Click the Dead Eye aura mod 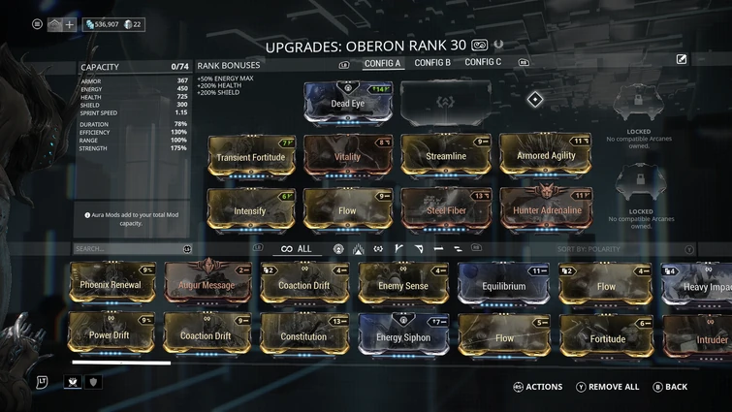click(x=348, y=102)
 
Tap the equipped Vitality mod click(x=347, y=155)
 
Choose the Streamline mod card click(x=446, y=155)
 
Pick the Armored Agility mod click(x=545, y=155)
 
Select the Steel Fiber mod click(x=446, y=209)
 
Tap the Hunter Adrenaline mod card click(x=545, y=209)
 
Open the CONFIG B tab click(x=432, y=63)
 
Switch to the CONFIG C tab click(x=483, y=63)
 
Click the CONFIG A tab click(x=382, y=63)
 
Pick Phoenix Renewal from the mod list click(x=112, y=284)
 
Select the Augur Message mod click(x=207, y=284)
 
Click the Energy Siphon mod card click(x=402, y=336)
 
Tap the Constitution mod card click(x=304, y=336)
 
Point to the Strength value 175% click(x=178, y=148)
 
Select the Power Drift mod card click(x=109, y=335)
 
